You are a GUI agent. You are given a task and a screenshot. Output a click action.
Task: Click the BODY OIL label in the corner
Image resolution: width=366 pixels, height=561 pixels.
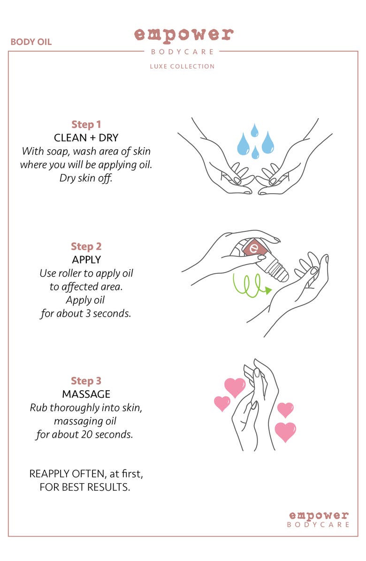[x=31, y=42]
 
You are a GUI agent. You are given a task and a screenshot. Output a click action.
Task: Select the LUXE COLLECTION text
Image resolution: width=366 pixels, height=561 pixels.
[x=182, y=66]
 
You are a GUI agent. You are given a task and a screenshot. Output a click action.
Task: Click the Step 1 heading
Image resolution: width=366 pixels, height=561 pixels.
[x=86, y=124]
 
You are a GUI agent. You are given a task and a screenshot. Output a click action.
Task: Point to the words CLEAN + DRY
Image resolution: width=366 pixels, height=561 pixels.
[x=86, y=138]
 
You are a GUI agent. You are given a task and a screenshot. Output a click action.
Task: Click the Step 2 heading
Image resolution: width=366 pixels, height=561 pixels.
[x=86, y=247]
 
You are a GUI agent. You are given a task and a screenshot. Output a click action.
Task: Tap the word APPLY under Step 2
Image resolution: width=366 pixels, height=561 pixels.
[x=86, y=259]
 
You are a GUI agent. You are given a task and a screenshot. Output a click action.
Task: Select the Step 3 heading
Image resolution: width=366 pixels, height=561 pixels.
[x=86, y=381]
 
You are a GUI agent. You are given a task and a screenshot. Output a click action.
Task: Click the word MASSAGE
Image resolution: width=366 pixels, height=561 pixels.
[x=86, y=394]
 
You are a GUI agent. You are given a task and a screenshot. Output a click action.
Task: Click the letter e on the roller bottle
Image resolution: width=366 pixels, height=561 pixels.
[x=254, y=247]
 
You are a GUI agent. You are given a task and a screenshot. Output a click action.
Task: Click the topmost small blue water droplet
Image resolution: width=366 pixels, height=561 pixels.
[x=254, y=130]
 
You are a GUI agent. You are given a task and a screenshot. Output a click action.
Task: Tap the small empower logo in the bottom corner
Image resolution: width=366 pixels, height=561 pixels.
[x=319, y=519]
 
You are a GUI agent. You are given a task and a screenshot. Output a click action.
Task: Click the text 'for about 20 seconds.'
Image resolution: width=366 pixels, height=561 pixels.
[x=84, y=434]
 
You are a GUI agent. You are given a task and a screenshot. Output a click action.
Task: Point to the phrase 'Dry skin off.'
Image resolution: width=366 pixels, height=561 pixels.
[x=86, y=178]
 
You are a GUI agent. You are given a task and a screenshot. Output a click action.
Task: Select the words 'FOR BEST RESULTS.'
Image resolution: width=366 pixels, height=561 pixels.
[x=85, y=487]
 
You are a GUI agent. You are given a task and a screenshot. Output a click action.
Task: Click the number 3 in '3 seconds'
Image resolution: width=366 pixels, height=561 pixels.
[x=88, y=313]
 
